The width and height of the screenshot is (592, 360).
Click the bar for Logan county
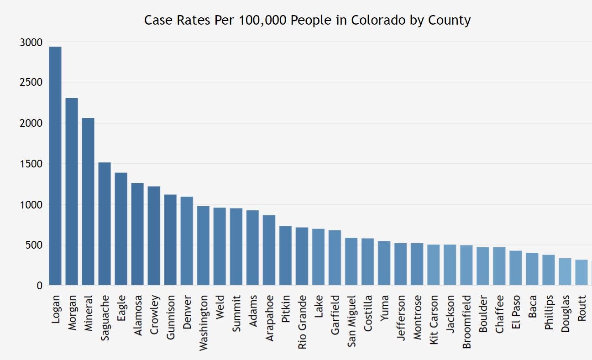55,166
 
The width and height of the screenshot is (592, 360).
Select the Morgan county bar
72,192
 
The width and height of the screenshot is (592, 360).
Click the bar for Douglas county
565,272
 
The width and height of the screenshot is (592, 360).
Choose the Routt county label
581,309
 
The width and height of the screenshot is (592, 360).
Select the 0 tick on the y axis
39,286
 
